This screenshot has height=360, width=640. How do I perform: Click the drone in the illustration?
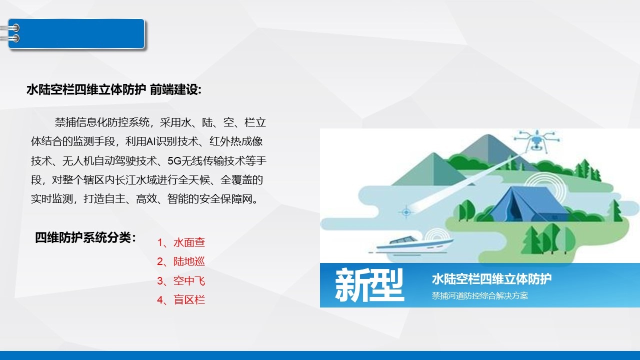coord(537,140)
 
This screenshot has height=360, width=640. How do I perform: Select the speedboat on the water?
coord(411,245)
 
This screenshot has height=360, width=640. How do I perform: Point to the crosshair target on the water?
coord(406,212)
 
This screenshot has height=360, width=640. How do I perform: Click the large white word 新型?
coord(369,285)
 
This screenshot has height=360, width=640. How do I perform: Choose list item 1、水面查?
coord(181,242)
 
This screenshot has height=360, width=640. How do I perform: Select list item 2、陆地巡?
coord(181,261)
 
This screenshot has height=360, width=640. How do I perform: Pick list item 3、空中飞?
coord(181,281)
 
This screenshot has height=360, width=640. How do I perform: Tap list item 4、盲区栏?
coord(181,300)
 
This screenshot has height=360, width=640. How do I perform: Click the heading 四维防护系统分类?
coord(85,237)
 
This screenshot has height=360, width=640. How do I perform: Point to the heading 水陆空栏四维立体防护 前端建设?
coord(114,89)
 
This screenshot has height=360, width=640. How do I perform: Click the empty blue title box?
coord(76,33)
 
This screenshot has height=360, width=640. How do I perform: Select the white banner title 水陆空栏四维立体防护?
coord(491,279)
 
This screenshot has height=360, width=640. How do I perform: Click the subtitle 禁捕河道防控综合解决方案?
coord(479,295)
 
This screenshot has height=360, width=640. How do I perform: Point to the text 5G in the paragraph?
coord(174,161)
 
